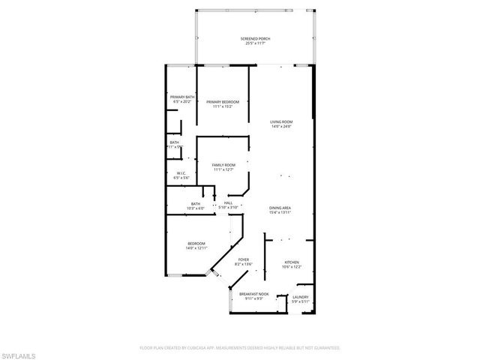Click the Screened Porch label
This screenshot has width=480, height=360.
[x=255, y=39]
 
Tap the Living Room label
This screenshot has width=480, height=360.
[x=281, y=121]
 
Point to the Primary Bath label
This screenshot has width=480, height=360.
[x=182, y=97]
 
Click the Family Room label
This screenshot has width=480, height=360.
[x=223, y=164]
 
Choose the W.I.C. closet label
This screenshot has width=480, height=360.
[x=180, y=173]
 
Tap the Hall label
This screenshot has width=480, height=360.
[x=228, y=202]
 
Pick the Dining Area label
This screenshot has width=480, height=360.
[x=280, y=208]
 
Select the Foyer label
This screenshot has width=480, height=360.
[x=244, y=259]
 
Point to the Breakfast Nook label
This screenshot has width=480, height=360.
[x=253, y=294]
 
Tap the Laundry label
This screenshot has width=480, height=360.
[x=300, y=297]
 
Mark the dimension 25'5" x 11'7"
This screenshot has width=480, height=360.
[x=255, y=43]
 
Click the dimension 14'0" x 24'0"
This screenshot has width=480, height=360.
[x=281, y=126]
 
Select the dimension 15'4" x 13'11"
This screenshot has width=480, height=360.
[x=280, y=212]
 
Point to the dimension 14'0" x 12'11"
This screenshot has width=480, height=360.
[x=196, y=247]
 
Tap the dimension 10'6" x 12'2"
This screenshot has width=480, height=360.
[x=291, y=267]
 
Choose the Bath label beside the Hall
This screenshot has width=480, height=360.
[x=196, y=203]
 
